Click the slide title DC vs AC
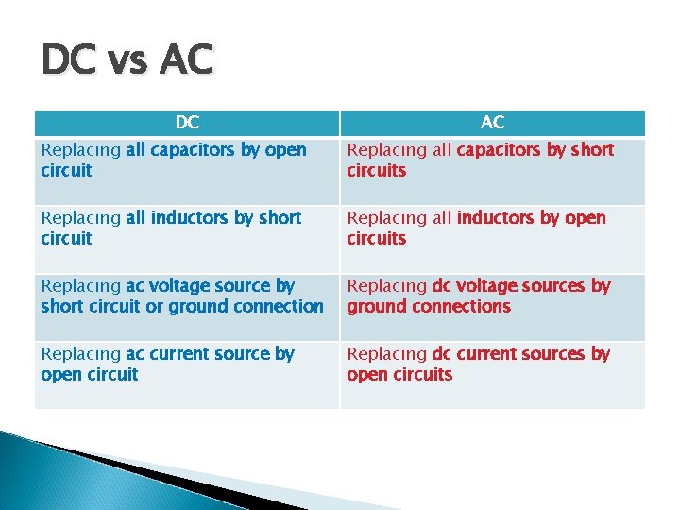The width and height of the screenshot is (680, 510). pyautogui.click(x=127, y=61)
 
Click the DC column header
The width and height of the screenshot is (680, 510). pyautogui.click(x=187, y=123)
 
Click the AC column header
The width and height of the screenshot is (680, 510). pyautogui.click(x=492, y=123)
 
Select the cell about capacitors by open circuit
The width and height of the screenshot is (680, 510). pyautogui.click(x=186, y=171)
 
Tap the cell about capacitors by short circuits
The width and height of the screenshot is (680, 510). pyautogui.click(x=492, y=171)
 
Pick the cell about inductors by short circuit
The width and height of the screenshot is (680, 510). pyautogui.click(x=186, y=239)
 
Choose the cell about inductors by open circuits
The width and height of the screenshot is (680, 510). pyautogui.click(x=492, y=239)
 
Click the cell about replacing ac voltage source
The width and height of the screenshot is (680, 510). pyautogui.click(x=186, y=307)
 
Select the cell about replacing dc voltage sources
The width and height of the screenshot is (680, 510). pyautogui.click(x=492, y=307)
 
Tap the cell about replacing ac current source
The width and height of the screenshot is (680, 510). pyautogui.click(x=186, y=375)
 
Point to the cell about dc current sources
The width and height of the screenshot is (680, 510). pyautogui.click(x=492, y=375)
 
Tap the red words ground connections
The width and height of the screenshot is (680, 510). pyautogui.click(x=429, y=306)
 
